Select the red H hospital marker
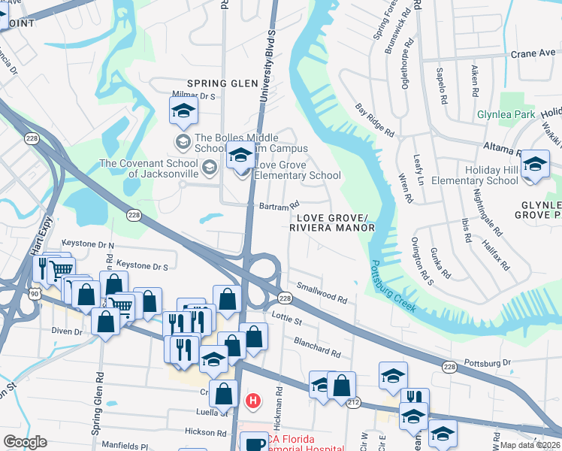tap(253, 401)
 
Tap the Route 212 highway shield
tap(352, 403)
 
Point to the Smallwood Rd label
tap(322, 293)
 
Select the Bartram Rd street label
tap(279, 204)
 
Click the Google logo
tap(25, 442)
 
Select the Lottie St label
tap(286, 319)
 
